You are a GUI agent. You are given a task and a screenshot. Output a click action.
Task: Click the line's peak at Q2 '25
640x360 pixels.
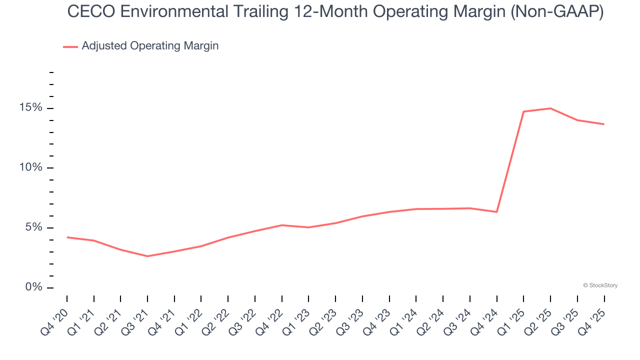[550, 108]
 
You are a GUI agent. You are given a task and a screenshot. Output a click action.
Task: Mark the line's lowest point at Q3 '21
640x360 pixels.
[147, 256]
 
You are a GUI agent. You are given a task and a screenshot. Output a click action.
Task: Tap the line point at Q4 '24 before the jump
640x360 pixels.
[496, 212]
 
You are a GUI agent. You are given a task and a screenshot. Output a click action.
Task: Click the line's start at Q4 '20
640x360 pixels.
[67, 237]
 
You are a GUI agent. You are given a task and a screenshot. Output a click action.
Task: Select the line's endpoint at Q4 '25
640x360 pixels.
[604, 124]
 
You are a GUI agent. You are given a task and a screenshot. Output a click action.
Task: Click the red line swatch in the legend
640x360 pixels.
[70, 46]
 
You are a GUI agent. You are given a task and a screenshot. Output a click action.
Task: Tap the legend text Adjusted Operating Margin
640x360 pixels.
[150, 46]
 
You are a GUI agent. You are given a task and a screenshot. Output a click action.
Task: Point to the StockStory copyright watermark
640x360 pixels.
[600, 285]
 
